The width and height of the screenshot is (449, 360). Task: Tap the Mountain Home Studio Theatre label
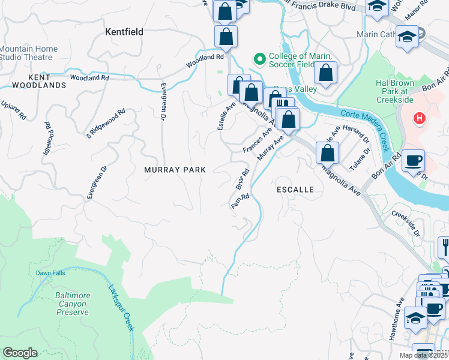(x=29, y=53)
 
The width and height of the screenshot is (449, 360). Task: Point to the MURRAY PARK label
(x=175, y=170)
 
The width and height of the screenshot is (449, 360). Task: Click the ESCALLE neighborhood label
(x=295, y=189)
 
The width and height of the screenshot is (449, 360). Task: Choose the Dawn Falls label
(x=50, y=273)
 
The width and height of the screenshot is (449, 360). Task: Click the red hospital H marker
(x=420, y=119)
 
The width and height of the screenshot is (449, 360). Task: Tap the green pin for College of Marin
(x=260, y=59)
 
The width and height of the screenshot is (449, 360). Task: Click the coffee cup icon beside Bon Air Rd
(x=414, y=161)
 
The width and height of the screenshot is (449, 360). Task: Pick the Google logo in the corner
(x=20, y=353)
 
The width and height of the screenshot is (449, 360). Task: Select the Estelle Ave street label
(x=226, y=115)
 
